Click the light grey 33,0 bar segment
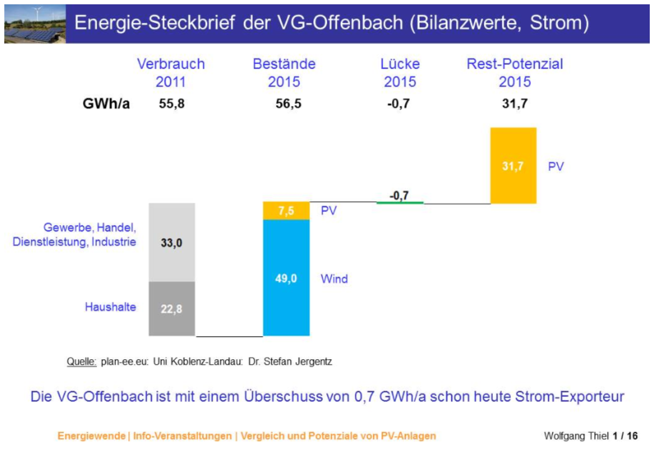pyautogui.click(x=172, y=242)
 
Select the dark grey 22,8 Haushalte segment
pyautogui.click(x=172, y=308)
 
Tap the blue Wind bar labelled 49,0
pyautogui.click(x=286, y=278)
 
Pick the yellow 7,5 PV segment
pyautogui.click(x=286, y=210)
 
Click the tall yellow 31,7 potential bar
pyautogui.click(x=513, y=166)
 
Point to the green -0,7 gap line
pyautogui.click(x=400, y=202)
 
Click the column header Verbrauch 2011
pyautogui.click(x=171, y=72)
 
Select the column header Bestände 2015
pyautogui.click(x=284, y=72)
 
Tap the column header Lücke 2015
pyautogui.click(x=400, y=72)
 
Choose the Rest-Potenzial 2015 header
pyautogui.click(x=515, y=72)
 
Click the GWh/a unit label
pyautogui.click(x=106, y=103)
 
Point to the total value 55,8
pyautogui.click(x=172, y=104)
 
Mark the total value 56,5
pyautogui.click(x=288, y=104)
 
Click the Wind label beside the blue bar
pyautogui.click(x=334, y=279)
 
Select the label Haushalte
pyautogui.click(x=110, y=307)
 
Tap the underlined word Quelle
pyautogui.click(x=82, y=361)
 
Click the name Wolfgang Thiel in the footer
pyautogui.click(x=576, y=436)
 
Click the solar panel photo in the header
pyautogui.click(x=35, y=24)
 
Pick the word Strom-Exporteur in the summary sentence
pyautogui.click(x=569, y=396)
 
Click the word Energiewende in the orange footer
pyautogui.click(x=91, y=436)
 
